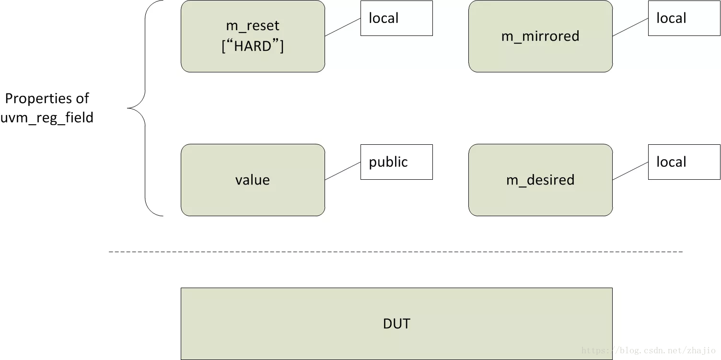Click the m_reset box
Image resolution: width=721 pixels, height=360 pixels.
pyautogui.click(x=253, y=36)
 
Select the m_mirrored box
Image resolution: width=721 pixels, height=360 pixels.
pyautogui.click(x=540, y=36)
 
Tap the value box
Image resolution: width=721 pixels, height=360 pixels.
pyautogui.click(x=253, y=180)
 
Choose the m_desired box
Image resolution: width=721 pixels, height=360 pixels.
pyautogui.click(x=540, y=180)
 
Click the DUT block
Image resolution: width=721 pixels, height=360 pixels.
pyautogui.click(x=396, y=324)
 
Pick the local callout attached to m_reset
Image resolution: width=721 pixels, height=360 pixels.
pyautogui.click(x=396, y=18)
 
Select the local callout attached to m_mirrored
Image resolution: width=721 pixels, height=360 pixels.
pyautogui.click(x=684, y=18)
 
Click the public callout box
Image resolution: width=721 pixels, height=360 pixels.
pyautogui.click(x=396, y=162)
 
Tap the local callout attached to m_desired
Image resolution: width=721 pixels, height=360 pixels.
pyautogui.click(x=684, y=162)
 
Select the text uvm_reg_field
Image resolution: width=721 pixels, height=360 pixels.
pyautogui.click(x=47, y=118)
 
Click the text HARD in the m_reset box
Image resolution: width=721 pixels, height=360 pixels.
pyautogui.click(x=253, y=46)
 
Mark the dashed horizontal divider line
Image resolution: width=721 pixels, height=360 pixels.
pyautogui.click(x=395, y=252)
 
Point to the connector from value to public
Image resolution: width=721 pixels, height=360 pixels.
pyautogui.click(x=343, y=171)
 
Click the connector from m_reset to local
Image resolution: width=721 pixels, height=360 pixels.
pyautogui.click(x=343, y=27)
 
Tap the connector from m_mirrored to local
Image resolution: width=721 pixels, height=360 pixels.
pyautogui.click(x=630, y=27)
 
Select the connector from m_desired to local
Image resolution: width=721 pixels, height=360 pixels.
pyautogui.click(x=630, y=171)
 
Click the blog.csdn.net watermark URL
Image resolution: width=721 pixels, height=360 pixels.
pyautogui.click(x=648, y=350)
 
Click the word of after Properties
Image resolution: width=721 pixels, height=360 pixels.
pyautogui.click(x=82, y=98)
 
